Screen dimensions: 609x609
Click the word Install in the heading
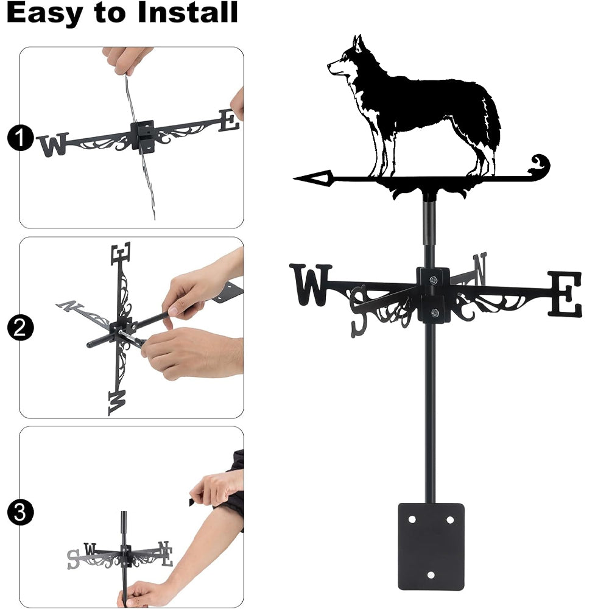tap(188, 12)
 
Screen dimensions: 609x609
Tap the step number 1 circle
tap(20, 138)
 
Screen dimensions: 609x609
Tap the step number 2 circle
tap(20, 328)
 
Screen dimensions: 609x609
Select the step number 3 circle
tap(20, 512)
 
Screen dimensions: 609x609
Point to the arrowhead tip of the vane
tap(294, 178)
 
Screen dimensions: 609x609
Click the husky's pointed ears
tap(357, 43)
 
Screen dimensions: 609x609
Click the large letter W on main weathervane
tap(311, 284)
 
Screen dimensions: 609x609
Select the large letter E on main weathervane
tap(565, 294)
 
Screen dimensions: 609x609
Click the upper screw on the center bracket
tap(433, 280)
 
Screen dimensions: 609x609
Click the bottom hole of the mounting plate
tap(431, 575)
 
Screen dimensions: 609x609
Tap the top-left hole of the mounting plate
tap(412, 519)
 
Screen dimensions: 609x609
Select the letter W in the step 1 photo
tap(53, 144)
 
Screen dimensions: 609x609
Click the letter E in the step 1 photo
tap(229, 120)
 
